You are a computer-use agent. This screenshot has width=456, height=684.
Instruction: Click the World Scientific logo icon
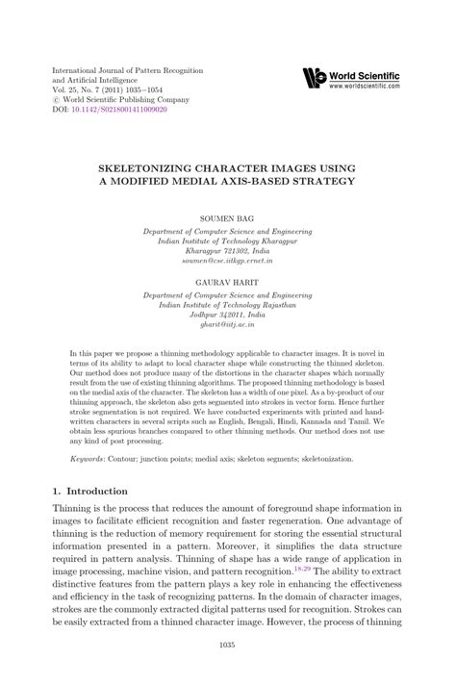pos(315,76)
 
